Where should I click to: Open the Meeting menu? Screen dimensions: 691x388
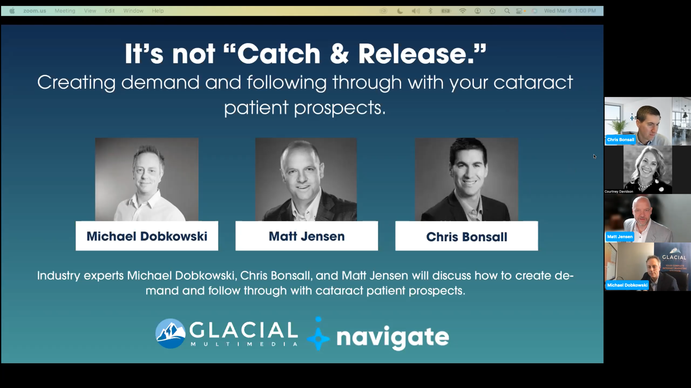pyautogui.click(x=65, y=11)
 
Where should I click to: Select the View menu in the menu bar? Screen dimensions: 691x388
pyautogui.click(x=90, y=11)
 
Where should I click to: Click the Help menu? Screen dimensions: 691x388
pyautogui.click(x=158, y=11)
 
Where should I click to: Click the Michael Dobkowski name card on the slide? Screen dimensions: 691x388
pyautogui.click(x=147, y=236)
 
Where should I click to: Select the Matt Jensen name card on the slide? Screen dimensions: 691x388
pyautogui.click(x=307, y=236)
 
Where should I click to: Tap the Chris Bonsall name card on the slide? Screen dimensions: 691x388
pyautogui.click(x=466, y=236)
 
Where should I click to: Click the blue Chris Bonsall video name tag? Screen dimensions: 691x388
pyautogui.click(x=620, y=140)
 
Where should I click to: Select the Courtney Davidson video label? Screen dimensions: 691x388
pyautogui.click(x=619, y=191)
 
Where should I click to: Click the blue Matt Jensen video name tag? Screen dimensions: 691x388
pyautogui.click(x=620, y=236)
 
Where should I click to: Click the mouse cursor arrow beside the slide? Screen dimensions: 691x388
pyautogui.click(x=594, y=156)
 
